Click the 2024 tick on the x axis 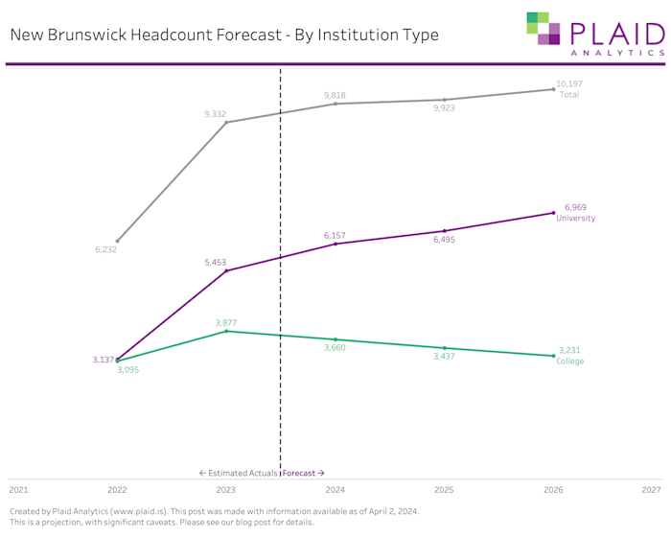click(335, 489)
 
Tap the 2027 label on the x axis click(651, 489)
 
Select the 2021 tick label click(18, 489)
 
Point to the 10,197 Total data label click(569, 84)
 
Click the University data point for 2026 click(553, 213)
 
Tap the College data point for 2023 click(226, 331)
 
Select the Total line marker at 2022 click(117, 241)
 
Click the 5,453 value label click(217, 262)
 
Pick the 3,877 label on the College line click(226, 322)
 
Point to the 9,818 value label click(335, 95)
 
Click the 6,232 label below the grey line click(105, 249)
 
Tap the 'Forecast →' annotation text click(304, 473)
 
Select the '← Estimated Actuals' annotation click(238, 473)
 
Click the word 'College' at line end click(570, 362)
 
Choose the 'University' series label click(575, 218)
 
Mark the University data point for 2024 click(335, 244)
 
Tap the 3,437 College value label click(444, 357)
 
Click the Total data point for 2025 click(445, 100)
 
